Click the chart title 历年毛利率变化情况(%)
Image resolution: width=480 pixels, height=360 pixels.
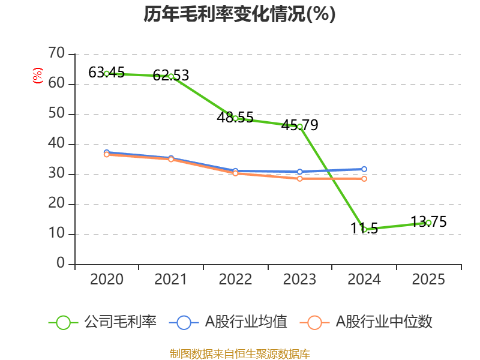(239, 14)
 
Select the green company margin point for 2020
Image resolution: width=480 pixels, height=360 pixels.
(107, 74)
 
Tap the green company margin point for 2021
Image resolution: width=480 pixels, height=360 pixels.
(171, 76)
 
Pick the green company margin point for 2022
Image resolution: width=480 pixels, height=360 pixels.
(235, 118)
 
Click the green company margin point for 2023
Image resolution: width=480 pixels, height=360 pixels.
(299, 127)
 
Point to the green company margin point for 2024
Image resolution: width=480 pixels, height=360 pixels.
(364, 229)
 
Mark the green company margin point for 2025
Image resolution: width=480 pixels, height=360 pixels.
(428, 223)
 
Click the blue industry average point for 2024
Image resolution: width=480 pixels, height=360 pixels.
(364, 169)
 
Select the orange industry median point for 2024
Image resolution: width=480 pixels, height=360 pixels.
(364, 179)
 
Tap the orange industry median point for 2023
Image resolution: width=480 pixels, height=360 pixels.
(299, 179)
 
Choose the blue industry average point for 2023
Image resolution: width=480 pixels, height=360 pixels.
(299, 172)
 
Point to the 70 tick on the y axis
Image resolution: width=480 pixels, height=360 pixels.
(56, 54)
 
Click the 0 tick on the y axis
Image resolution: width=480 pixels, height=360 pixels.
(61, 264)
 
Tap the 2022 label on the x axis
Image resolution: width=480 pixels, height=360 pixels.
(235, 280)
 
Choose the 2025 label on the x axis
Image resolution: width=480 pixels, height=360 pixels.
(428, 280)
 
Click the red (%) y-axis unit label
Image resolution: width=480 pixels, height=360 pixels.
(37, 76)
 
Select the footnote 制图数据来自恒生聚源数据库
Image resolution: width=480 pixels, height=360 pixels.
(239, 353)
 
